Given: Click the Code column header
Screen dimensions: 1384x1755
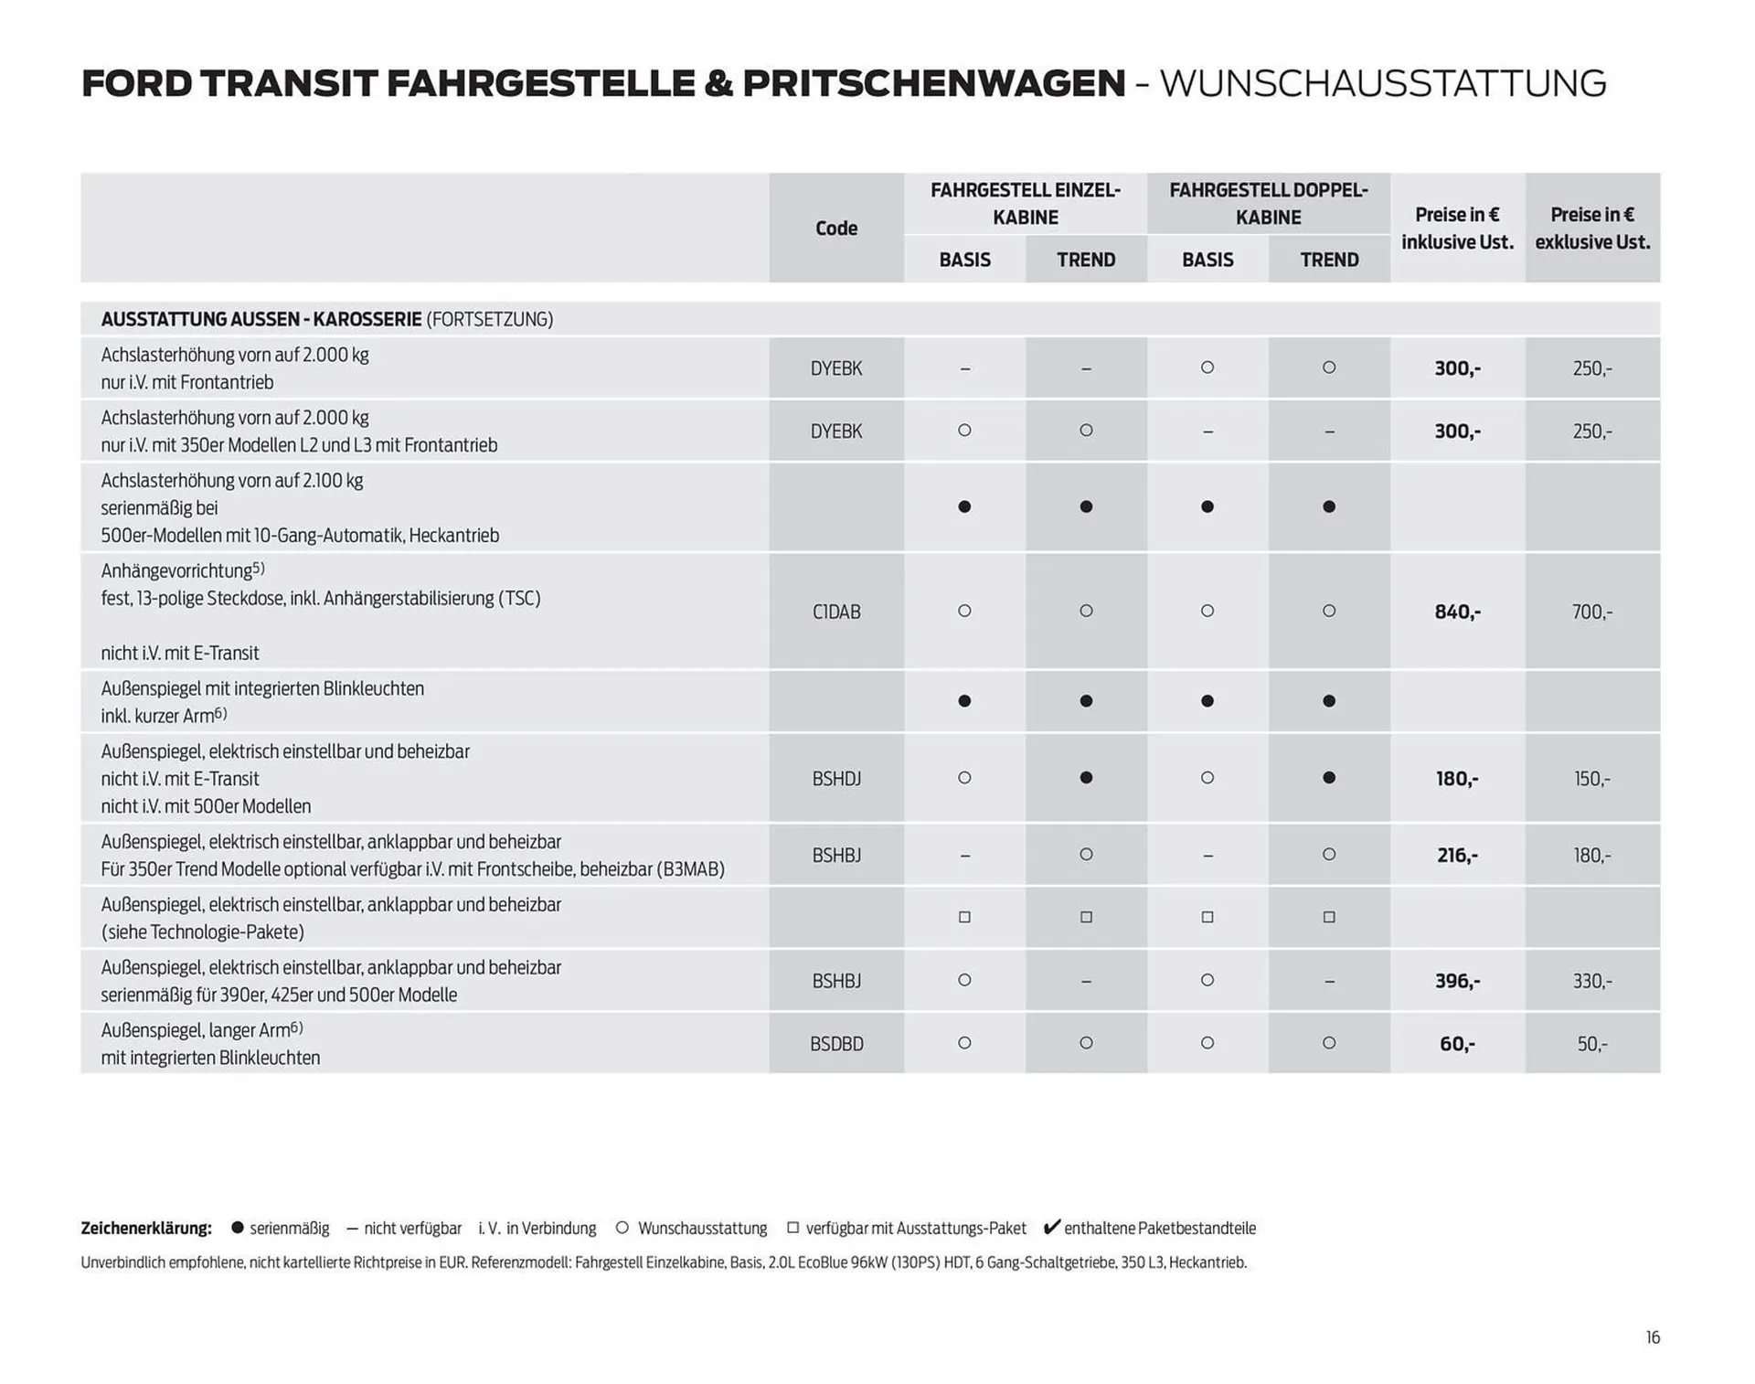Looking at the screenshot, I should coord(835,228).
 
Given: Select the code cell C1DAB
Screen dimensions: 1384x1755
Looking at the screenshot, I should coord(835,612).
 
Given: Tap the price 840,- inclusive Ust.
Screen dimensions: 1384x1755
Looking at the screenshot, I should coord(1457,612).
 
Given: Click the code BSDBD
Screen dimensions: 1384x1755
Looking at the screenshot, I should coord(835,1043).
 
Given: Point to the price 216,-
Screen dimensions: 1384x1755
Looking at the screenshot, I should coord(1457,855).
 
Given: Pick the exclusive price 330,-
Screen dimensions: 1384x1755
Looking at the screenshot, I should coord(1591,981).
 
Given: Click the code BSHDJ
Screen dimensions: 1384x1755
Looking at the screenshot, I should coord(835,779).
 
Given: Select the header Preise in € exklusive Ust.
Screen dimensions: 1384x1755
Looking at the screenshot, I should coord(1591,228).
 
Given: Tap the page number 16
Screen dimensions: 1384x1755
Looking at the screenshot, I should coord(1653,1337).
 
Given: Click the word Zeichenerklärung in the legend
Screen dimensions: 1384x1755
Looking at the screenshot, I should coord(146,1228).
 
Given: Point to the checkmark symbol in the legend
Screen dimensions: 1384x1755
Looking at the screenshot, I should coord(1051,1227).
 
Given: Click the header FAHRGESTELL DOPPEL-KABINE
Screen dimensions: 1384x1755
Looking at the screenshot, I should coord(1268,203).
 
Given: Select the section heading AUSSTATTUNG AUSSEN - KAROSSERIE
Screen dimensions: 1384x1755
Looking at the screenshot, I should coord(261,319).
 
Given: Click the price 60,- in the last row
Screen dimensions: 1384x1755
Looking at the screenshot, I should coord(1457,1043).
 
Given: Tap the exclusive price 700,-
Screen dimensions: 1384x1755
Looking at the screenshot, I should coord(1591,612).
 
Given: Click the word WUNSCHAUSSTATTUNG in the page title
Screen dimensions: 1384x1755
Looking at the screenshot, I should coord(1382,83).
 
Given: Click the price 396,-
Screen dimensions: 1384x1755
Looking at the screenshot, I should coord(1457,981).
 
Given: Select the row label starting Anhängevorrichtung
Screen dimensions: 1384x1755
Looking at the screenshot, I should coord(182,570).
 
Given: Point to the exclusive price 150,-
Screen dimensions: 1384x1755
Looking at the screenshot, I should coord(1591,779).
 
